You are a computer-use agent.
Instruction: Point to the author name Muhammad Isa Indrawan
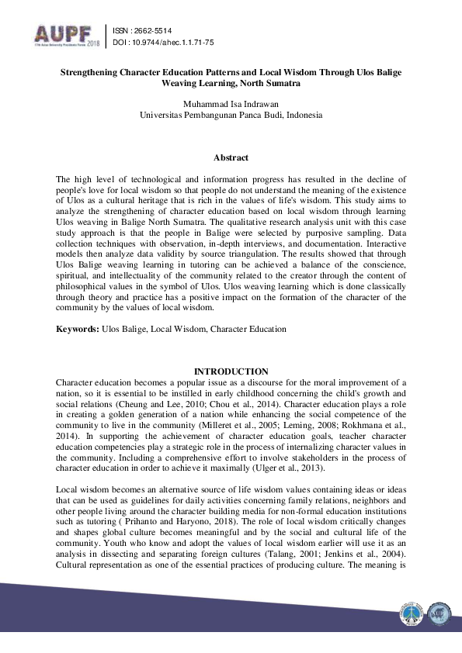pos(231,104)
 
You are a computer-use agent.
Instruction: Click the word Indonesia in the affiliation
pos(304,115)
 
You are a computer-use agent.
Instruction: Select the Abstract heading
pos(231,157)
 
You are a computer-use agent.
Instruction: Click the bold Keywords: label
pos(78,329)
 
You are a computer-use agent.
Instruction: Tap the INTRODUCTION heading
pos(231,372)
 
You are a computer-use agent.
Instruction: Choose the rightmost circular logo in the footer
pos(437,613)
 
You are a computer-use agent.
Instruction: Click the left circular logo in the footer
pos(409,613)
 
